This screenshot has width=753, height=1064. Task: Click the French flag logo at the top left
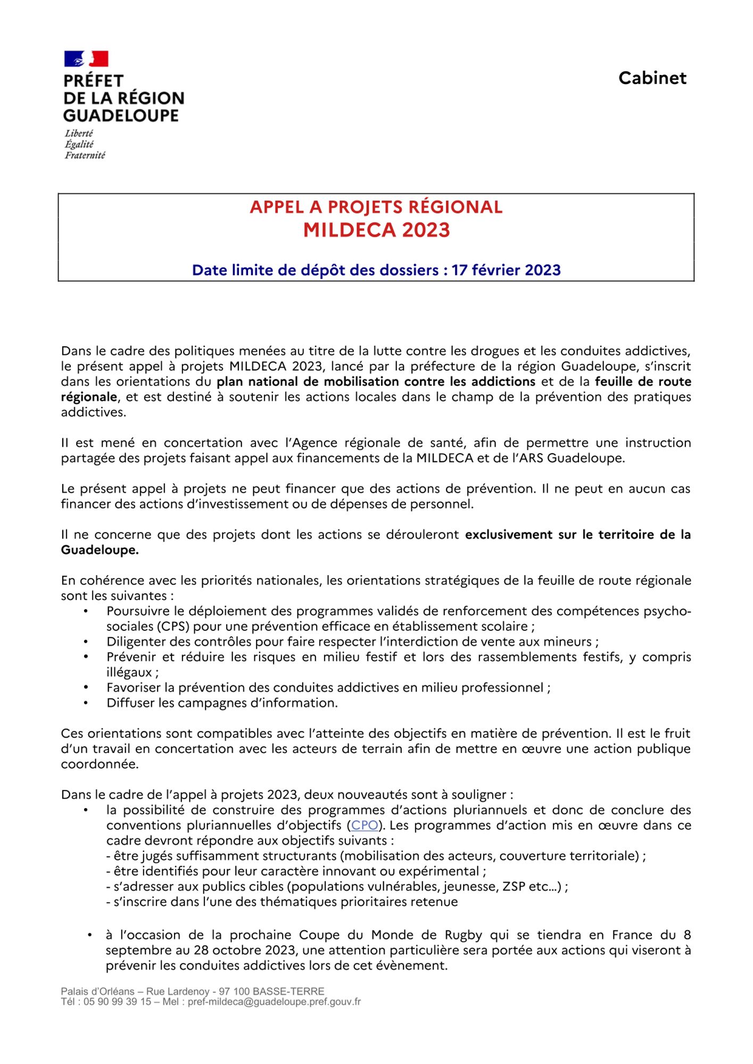pyautogui.click(x=86, y=59)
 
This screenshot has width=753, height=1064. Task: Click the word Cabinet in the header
pyautogui.click(x=652, y=78)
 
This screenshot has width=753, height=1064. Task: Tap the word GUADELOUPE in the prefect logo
pyautogui.click(x=121, y=115)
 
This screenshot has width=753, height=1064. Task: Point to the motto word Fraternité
pyautogui.click(x=85, y=155)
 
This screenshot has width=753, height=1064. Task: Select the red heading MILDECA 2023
pyautogui.click(x=376, y=230)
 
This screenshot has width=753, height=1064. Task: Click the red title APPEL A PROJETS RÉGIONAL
pyautogui.click(x=376, y=207)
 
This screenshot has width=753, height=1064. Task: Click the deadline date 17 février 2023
pyautogui.click(x=506, y=270)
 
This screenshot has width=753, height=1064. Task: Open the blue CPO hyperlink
pyautogui.click(x=365, y=825)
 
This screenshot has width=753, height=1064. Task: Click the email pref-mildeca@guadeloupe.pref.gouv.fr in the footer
pyautogui.click(x=274, y=1002)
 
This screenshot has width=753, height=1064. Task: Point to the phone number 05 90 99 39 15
pyautogui.click(x=117, y=1002)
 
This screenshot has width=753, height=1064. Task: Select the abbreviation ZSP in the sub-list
pyautogui.click(x=514, y=886)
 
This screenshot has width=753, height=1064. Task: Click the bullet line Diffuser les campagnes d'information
pyautogui.click(x=222, y=703)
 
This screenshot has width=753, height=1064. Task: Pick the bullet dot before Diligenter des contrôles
pyautogui.click(x=86, y=642)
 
